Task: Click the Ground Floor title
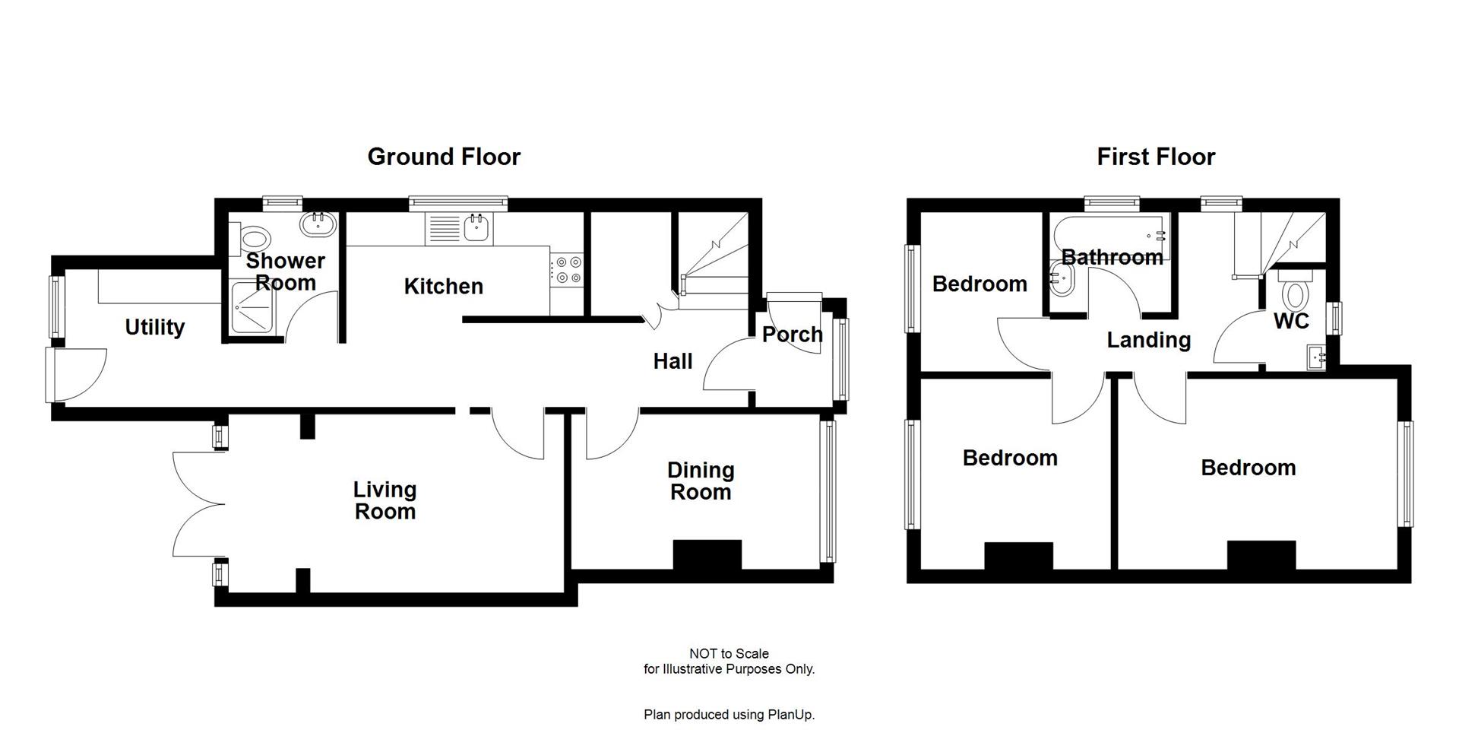444,157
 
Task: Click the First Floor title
1156,157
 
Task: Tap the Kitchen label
443,287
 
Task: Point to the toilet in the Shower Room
252,238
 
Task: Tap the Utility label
154,327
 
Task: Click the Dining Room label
700,481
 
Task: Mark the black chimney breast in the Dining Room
707,554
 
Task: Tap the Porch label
792,335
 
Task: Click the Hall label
673,361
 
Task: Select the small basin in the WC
1317,357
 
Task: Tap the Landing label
1148,340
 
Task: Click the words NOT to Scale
729,653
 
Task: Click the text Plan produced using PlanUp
729,714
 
